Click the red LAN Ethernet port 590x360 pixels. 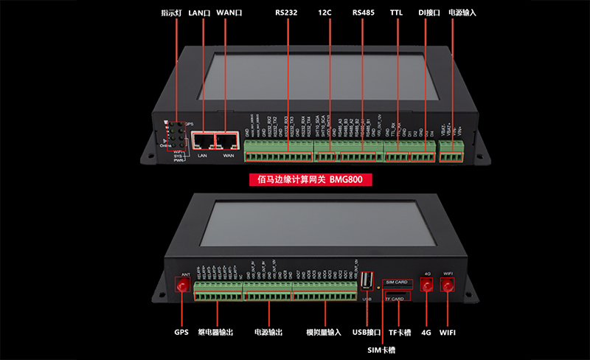point(202,141)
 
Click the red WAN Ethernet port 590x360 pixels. point(226,141)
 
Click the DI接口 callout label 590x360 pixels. point(428,13)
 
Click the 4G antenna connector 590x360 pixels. point(426,286)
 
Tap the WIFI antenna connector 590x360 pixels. point(447,286)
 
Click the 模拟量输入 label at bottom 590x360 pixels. point(324,333)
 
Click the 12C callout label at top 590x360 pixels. point(324,13)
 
